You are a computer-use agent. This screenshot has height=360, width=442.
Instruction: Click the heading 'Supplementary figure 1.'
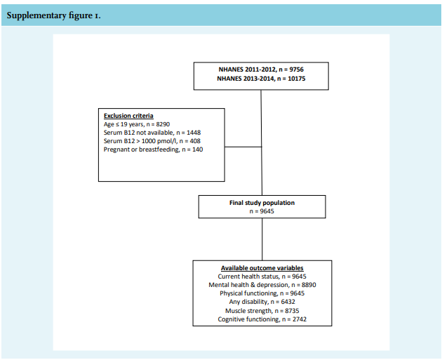[x=53, y=15]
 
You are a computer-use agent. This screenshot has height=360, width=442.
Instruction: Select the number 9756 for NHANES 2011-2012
[x=296, y=69]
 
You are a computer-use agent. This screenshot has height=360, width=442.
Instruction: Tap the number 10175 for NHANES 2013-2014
[x=297, y=79]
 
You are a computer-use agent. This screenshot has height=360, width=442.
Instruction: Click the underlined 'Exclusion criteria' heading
[x=128, y=116]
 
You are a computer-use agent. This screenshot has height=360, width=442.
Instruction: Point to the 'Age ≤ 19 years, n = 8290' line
[x=137, y=124]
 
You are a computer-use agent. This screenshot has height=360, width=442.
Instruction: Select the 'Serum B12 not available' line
[x=152, y=133]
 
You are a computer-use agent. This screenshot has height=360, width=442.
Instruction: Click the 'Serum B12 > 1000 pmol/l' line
[x=152, y=141]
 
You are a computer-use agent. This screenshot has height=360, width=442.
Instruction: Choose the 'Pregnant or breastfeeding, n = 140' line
[x=153, y=149]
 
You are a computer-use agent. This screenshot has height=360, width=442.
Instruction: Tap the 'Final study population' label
[x=262, y=203]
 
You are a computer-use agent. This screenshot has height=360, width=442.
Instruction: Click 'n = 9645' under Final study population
[x=262, y=211]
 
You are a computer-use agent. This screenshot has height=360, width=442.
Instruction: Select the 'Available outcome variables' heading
[x=262, y=268]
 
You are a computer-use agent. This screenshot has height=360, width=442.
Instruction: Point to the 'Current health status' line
[x=262, y=276]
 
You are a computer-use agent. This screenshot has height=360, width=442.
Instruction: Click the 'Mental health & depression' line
[x=262, y=285]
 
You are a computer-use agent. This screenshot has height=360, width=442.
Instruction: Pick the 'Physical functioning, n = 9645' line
[x=262, y=293]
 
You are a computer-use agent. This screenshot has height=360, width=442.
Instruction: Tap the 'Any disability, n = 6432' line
[x=262, y=302]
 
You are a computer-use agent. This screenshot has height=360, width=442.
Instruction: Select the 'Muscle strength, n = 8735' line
[x=262, y=311]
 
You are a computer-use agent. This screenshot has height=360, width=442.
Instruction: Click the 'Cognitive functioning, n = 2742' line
[x=262, y=319]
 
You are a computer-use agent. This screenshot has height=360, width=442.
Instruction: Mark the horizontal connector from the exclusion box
[x=243, y=147]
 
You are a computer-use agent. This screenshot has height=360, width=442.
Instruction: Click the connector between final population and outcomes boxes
[x=262, y=239]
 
